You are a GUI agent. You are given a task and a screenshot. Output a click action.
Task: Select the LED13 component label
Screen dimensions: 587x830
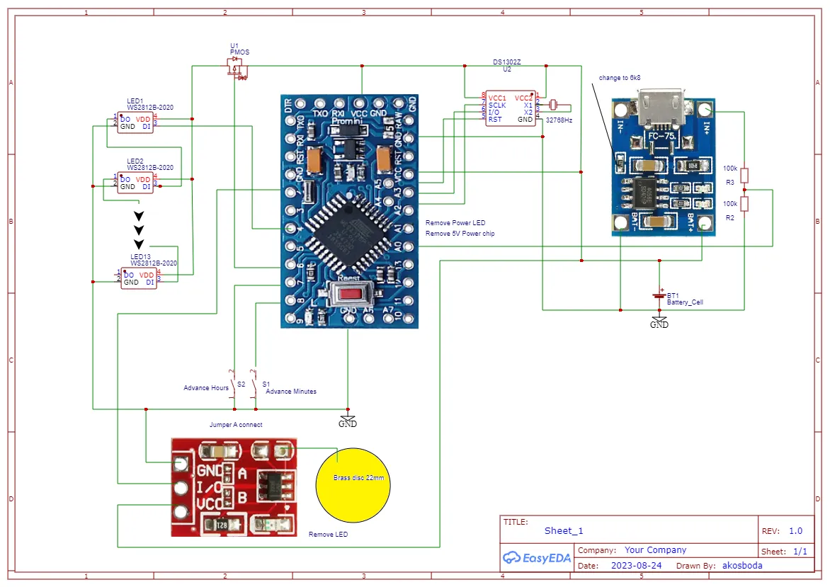click(140, 256)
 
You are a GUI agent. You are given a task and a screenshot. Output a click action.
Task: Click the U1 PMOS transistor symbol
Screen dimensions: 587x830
click(235, 68)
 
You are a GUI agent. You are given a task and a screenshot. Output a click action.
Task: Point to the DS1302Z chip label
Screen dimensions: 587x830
click(507, 62)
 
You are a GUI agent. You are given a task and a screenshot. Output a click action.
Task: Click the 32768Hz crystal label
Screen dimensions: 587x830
click(559, 120)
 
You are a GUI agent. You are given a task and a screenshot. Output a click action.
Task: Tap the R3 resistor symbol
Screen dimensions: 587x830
click(744, 176)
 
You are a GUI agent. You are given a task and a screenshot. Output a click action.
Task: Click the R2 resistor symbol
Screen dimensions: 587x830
click(744, 204)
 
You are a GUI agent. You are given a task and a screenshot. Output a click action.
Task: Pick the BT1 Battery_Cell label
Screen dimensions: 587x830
click(684, 299)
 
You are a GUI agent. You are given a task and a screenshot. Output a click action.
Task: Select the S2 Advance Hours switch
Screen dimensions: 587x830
click(233, 384)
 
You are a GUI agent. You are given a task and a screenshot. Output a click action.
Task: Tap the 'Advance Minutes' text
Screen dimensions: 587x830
click(290, 392)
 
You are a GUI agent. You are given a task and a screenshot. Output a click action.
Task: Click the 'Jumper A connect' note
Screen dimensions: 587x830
click(236, 425)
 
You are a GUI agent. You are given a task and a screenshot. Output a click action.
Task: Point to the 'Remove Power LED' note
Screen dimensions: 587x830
click(455, 223)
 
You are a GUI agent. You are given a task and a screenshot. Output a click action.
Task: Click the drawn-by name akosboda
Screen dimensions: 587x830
click(742, 566)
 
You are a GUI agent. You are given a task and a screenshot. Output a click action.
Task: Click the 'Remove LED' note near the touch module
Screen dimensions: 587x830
click(328, 535)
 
